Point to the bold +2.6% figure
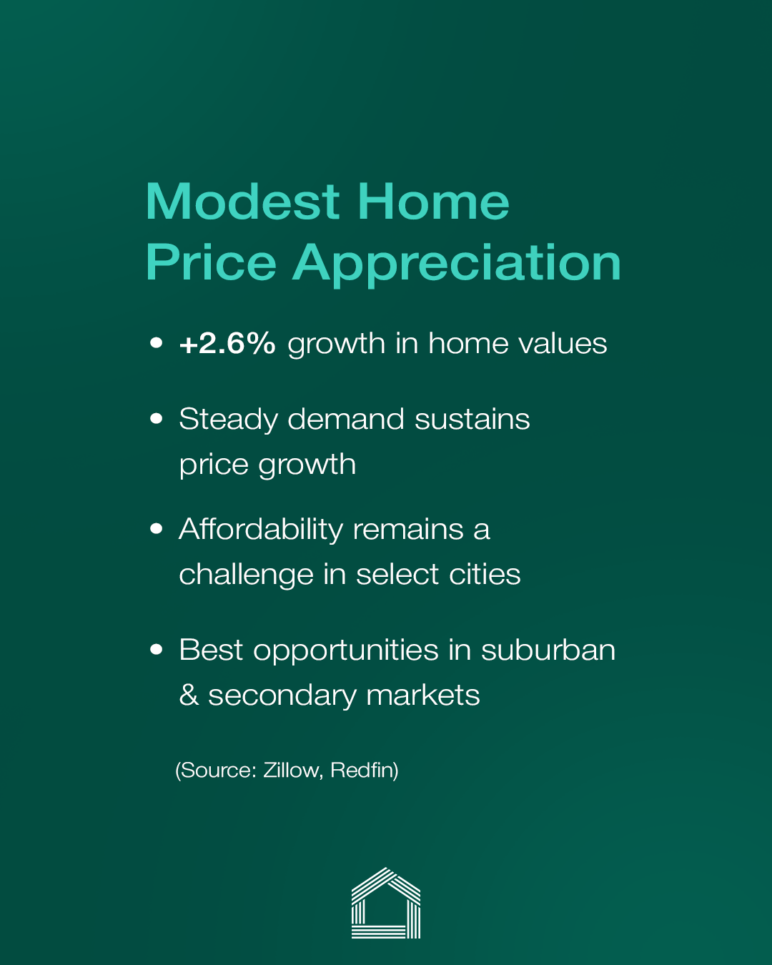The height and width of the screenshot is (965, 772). pos(227,344)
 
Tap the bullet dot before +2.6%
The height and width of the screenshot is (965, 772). pos(156,343)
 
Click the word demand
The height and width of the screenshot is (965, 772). pos(346,420)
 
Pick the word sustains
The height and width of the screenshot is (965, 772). pos(472,420)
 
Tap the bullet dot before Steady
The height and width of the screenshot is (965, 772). pos(156,419)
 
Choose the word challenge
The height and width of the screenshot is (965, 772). pos(247,575)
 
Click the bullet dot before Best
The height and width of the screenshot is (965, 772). pos(156,650)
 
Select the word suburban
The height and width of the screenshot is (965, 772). pos(548,650)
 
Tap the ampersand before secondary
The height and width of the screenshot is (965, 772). pos(189,695)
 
